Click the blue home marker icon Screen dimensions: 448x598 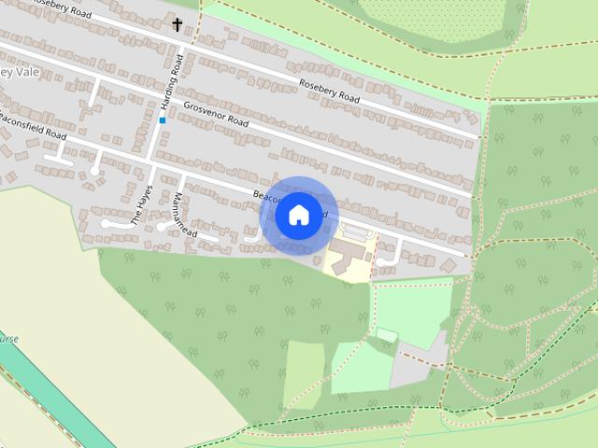(297, 215)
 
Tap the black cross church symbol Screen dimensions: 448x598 (178, 23)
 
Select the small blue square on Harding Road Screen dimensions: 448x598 (163, 119)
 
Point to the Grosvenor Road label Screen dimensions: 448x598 (216, 115)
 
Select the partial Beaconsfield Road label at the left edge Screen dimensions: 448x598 (34, 128)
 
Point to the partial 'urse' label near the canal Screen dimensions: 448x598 (7, 339)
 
